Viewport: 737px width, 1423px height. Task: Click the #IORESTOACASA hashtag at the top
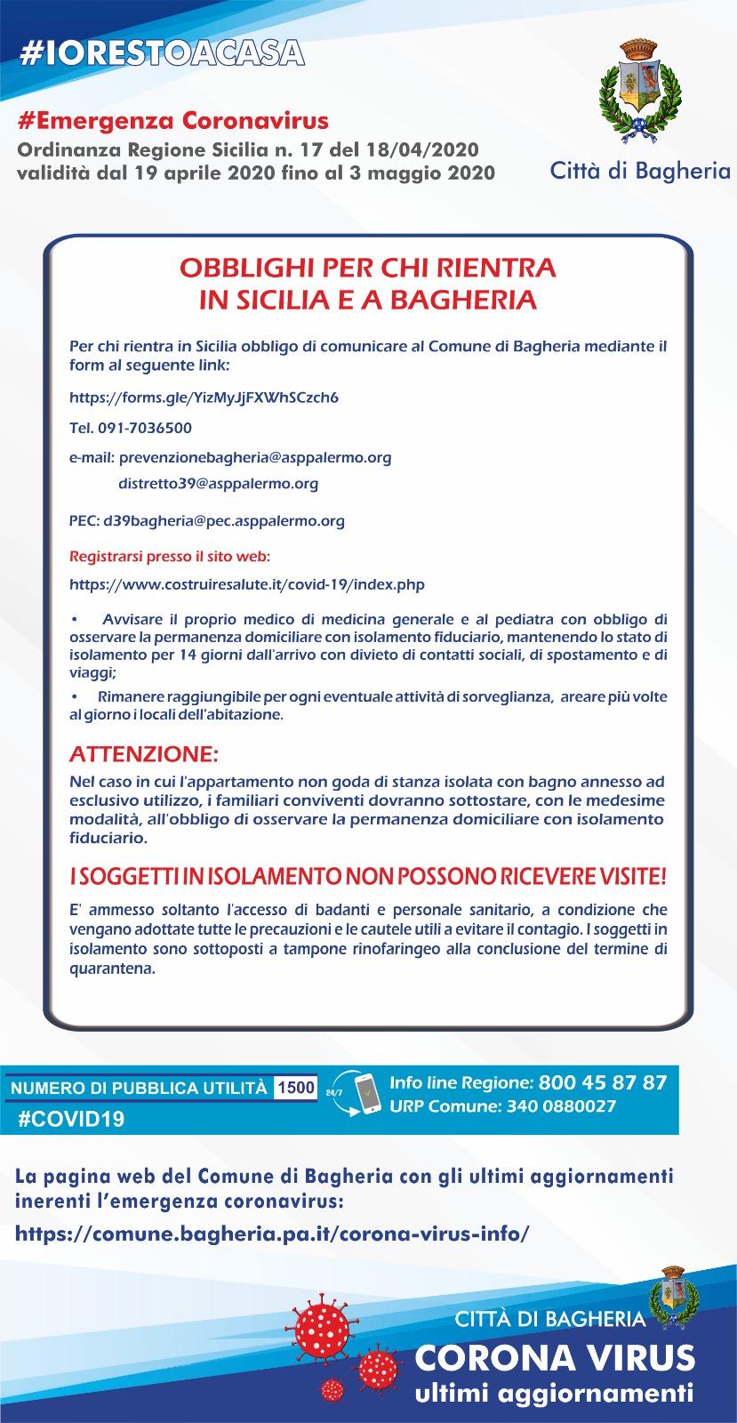coord(162,52)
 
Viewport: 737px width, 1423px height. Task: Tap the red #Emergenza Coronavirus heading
coord(172,120)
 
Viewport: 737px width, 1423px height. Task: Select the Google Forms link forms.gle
coord(204,397)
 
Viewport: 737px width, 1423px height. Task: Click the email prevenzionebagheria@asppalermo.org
coord(254,457)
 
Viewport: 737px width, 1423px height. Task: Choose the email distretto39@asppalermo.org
coord(218,484)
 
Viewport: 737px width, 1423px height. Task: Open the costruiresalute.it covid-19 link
coord(246,584)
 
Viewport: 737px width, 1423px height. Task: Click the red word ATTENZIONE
coord(143,755)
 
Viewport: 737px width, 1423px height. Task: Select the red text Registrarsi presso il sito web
coord(169,557)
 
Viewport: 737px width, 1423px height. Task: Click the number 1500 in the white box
coord(296,1087)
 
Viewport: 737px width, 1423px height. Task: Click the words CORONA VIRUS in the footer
coord(556,1357)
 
